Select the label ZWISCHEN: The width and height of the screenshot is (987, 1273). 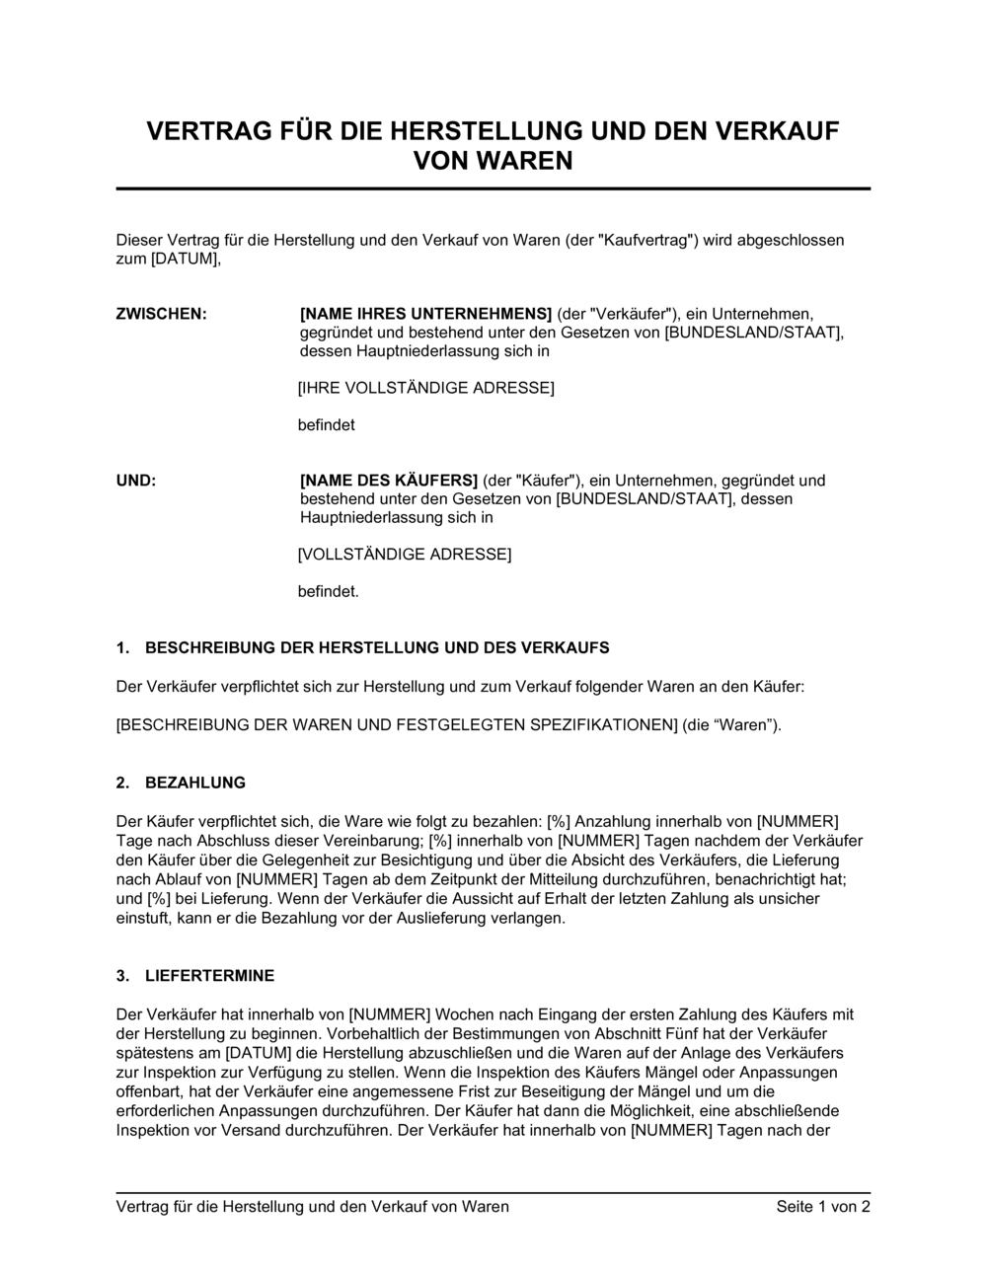pyautogui.click(x=162, y=314)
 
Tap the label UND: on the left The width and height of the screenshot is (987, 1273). pyautogui.click(x=136, y=481)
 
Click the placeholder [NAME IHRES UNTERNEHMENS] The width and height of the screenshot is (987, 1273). pyautogui.click(x=425, y=314)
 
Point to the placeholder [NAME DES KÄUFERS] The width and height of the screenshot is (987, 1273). pyautogui.click(x=389, y=481)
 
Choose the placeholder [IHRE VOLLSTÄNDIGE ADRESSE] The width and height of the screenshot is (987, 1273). pyautogui.click(x=425, y=388)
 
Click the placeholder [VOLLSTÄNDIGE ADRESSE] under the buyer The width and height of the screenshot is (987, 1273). pyautogui.click(x=405, y=555)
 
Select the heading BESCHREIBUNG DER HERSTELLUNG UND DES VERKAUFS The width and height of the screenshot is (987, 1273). pyautogui.click(x=377, y=648)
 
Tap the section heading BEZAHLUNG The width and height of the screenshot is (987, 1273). pyautogui.click(x=195, y=783)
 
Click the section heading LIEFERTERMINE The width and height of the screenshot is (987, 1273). pyautogui.click(x=209, y=976)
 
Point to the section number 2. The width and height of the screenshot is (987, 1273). pyautogui.click(x=122, y=783)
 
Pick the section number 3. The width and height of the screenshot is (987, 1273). pyautogui.click(x=122, y=976)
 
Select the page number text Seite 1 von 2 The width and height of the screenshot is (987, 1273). pyautogui.click(x=823, y=1206)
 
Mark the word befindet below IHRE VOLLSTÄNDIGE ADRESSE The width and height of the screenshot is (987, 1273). pyautogui.click(x=326, y=425)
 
